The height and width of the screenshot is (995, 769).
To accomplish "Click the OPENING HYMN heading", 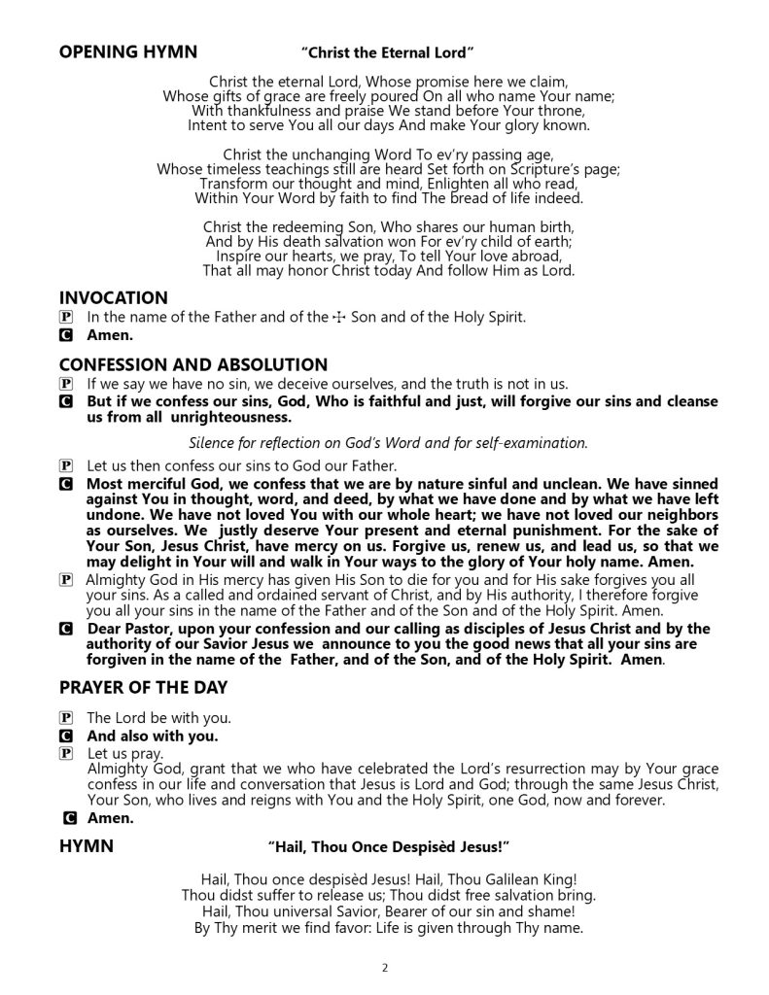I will [127, 51].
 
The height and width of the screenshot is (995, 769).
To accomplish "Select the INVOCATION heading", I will [113, 297].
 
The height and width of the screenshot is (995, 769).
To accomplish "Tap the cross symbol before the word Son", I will [339, 318].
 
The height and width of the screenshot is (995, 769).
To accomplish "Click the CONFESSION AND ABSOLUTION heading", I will [192, 364].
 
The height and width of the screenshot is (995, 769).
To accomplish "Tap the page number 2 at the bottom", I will [385, 968].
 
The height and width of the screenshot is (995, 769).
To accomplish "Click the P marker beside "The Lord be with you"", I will [65, 719].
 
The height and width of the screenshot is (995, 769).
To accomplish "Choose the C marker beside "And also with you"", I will [65, 736].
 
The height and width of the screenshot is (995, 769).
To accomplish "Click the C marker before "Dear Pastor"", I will [65, 629].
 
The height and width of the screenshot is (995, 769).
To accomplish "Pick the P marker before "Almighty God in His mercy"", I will [65, 580].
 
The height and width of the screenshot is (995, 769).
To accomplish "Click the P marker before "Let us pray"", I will [65, 753].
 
